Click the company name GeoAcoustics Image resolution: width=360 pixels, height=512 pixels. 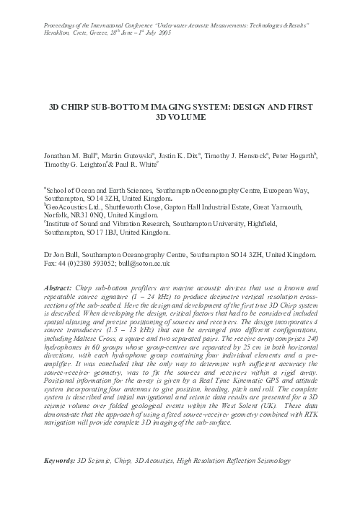(x=60, y=205)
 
